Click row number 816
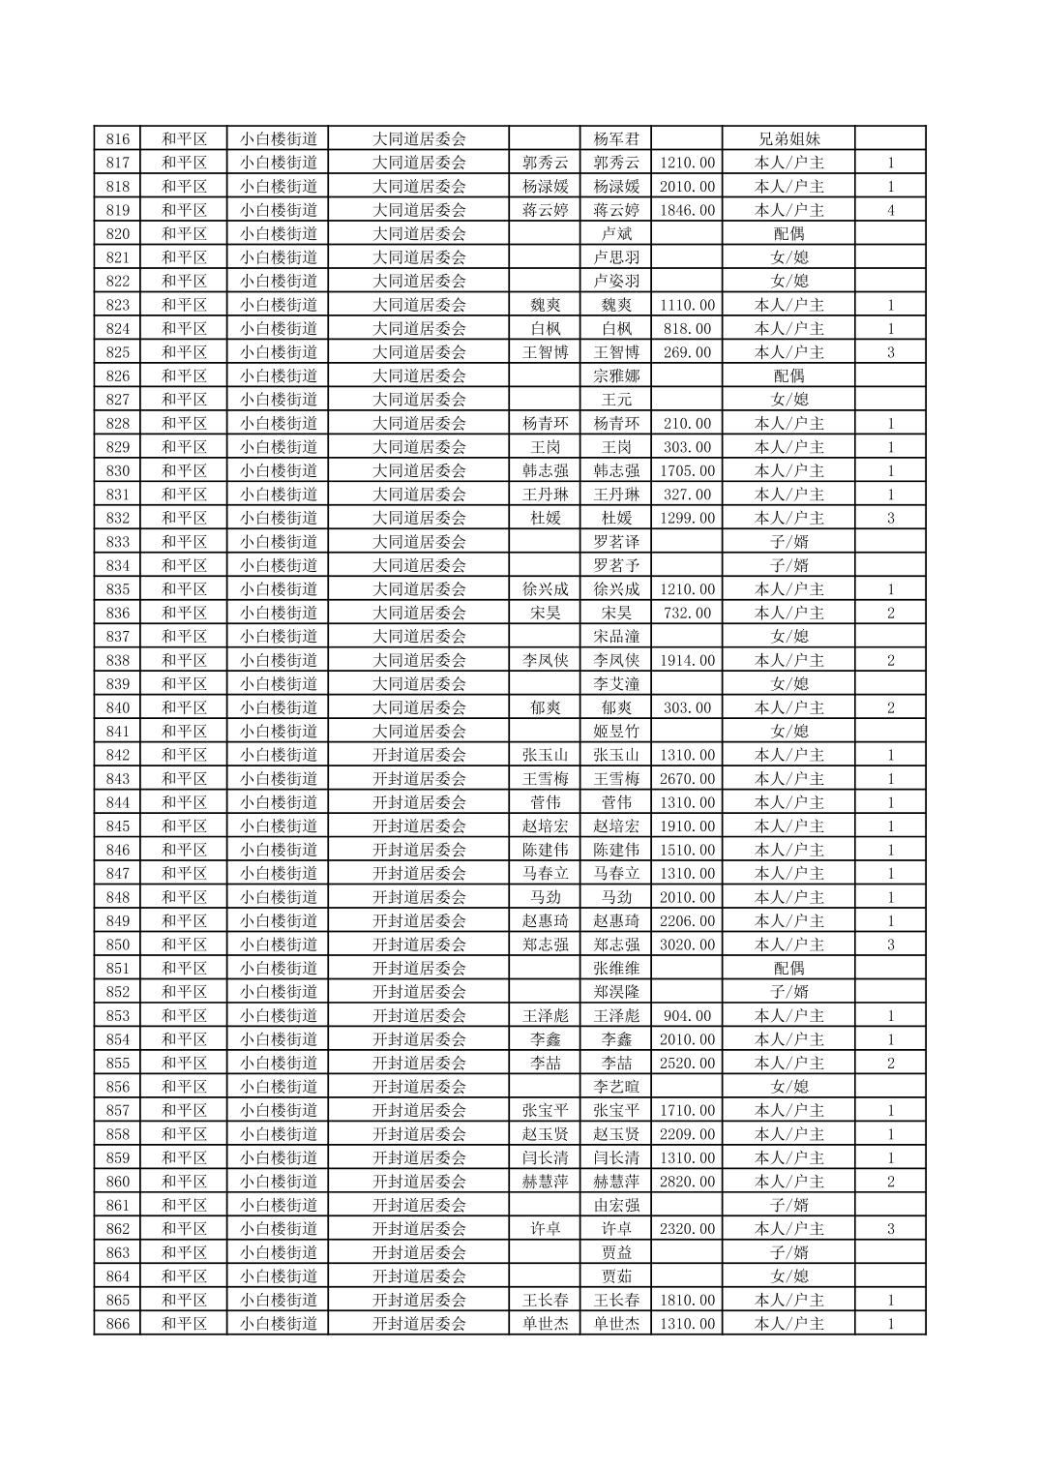[x=117, y=138]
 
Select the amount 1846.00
[x=687, y=210]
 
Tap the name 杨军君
[x=616, y=138]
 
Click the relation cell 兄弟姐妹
[x=788, y=138]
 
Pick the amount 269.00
[x=687, y=352]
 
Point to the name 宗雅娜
[x=616, y=375]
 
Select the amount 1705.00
[x=687, y=470]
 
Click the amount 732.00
[x=687, y=613]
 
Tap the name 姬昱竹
[x=616, y=732]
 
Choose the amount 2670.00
[x=687, y=779]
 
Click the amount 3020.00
[x=687, y=945]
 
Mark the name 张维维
[x=616, y=968]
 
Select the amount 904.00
[x=687, y=1016]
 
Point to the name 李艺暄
[x=616, y=1087]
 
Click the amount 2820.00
[x=687, y=1182]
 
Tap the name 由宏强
[x=616, y=1205]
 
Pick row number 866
[x=117, y=1324]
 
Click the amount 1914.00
[x=687, y=660]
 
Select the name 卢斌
[x=616, y=233]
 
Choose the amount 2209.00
[x=687, y=1134]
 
